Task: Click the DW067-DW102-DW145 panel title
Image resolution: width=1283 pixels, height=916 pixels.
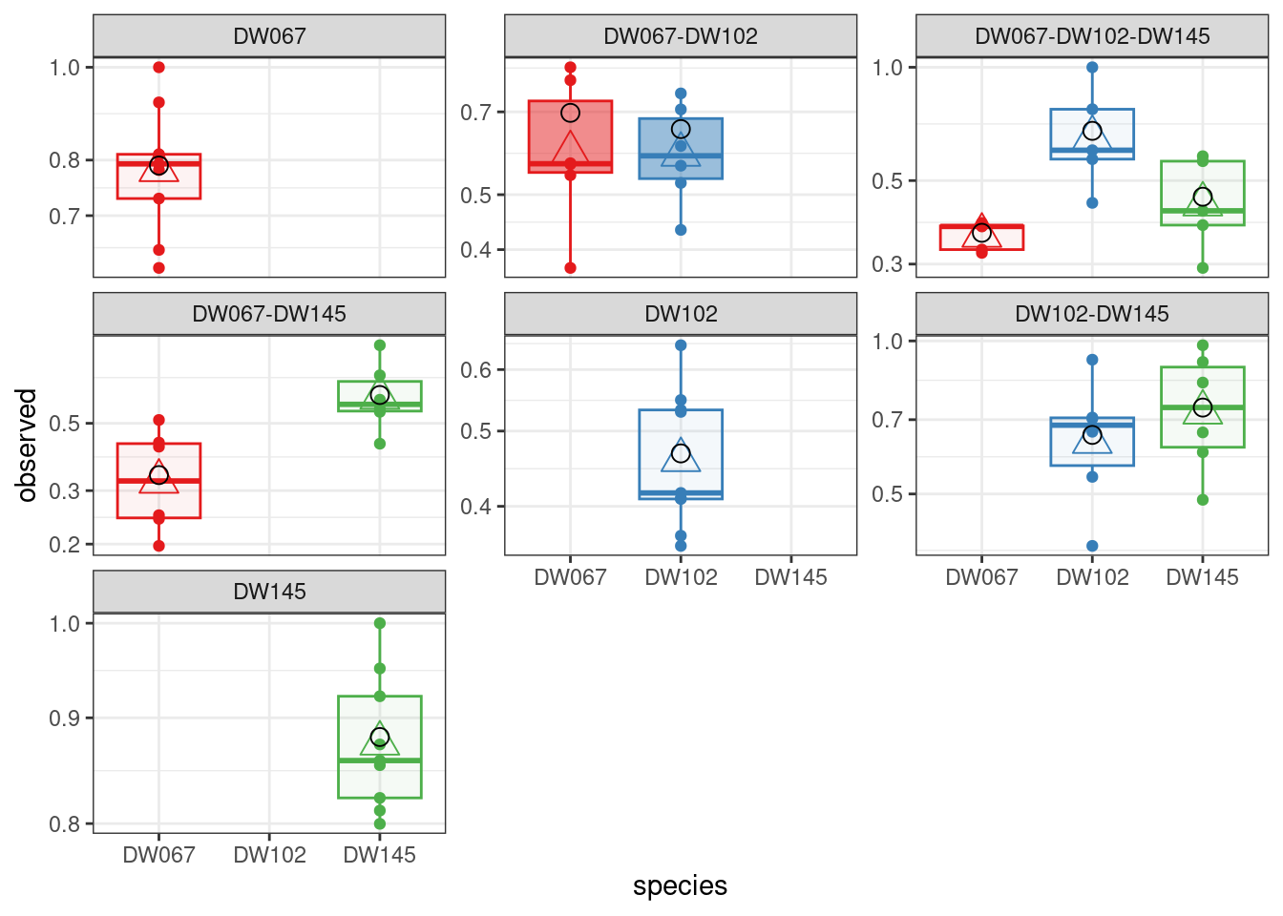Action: pyautogui.click(x=1092, y=36)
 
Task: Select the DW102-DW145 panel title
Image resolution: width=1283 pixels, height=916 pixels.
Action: pyautogui.click(x=1092, y=314)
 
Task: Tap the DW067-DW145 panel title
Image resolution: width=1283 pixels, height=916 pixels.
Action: pyautogui.click(x=269, y=314)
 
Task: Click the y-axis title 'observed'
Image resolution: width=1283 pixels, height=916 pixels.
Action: pyautogui.click(x=27, y=446)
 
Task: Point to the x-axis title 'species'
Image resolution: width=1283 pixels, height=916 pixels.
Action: pyautogui.click(x=681, y=885)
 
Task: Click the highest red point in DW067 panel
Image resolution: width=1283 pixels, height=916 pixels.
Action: pyautogui.click(x=159, y=68)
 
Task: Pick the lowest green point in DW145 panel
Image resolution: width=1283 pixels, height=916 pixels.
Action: pyautogui.click(x=380, y=823)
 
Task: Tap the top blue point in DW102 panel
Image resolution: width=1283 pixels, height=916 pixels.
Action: pyautogui.click(x=681, y=345)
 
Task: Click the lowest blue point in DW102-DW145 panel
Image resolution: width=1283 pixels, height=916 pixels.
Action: pyautogui.click(x=1092, y=546)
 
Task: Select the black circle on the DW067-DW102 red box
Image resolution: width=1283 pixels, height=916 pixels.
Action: pyautogui.click(x=571, y=113)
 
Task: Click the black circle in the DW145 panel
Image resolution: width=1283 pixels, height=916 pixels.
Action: pyautogui.click(x=380, y=737)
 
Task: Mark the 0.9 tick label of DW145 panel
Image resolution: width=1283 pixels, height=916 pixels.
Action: pyautogui.click(x=64, y=718)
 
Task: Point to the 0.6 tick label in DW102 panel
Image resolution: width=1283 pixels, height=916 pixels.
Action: pyautogui.click(x=476, y=370)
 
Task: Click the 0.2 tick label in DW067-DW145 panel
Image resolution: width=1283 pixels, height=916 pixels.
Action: pyautogui.click(x=64, y=545)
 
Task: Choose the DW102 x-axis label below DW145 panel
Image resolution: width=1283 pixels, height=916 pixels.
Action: pyautogui.click(x=269, y=855)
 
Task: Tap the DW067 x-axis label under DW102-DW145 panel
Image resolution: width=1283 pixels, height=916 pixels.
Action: pyautogui.click(x=981, y=577)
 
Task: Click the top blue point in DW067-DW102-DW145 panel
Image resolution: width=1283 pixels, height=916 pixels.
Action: pyautogui.click(x=1092, y=68)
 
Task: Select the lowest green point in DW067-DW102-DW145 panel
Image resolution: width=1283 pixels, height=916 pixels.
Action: pyautogui.click(x=1203, y=268)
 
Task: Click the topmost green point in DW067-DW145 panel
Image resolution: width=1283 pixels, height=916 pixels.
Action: pyautogui.click(x=380, y=345)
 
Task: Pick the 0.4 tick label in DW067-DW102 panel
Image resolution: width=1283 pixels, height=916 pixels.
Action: pyautogui.click(x=476, y=250)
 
